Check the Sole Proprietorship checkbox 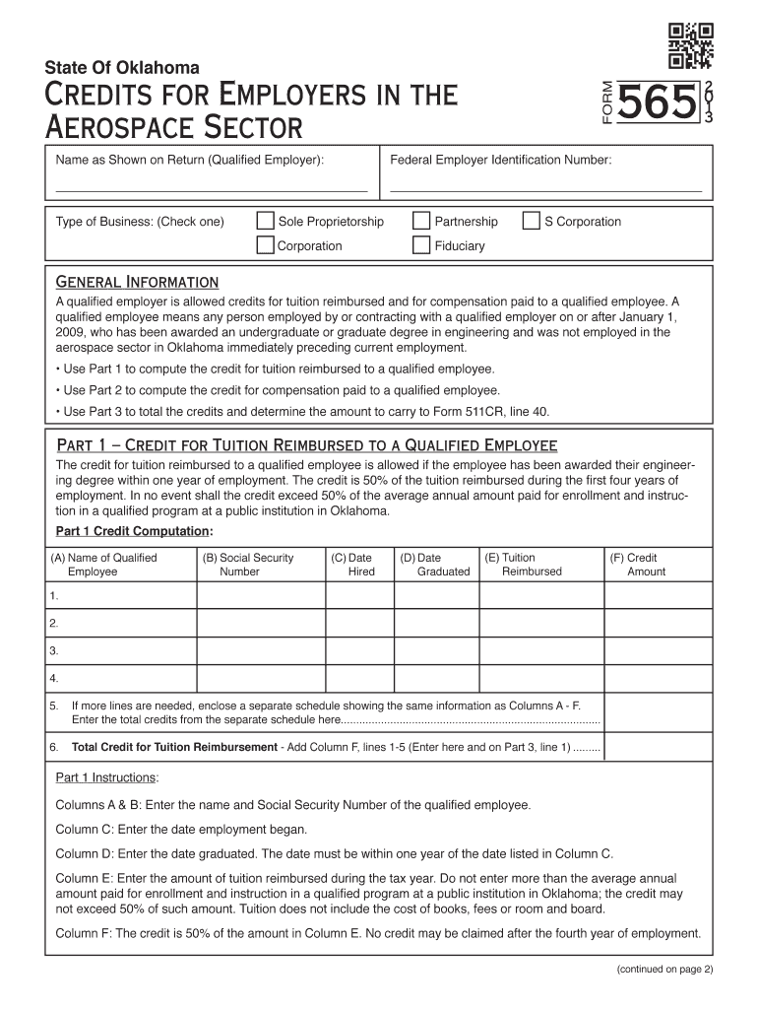point(265,222)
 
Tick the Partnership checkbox point(420,222)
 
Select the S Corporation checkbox point(532,222)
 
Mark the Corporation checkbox point(265,245)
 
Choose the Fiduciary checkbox point(420,245)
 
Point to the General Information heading point(137,283)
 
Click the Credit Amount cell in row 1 point(657,596)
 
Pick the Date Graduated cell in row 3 point(436,651)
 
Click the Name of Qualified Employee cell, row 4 point(121,679)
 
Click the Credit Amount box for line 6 point(657,747)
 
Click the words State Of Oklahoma point(122,68)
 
